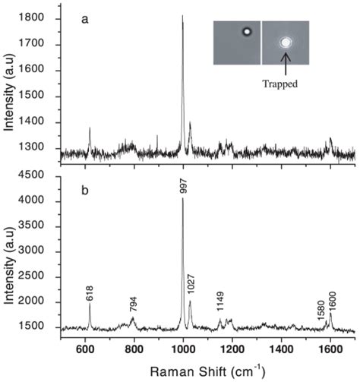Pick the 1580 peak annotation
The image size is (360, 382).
pyautogui.click(x=321, y=308)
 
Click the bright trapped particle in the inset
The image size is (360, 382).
pyautogui.click(x=286, y=43)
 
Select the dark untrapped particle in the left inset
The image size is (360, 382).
pyautogui.click(x=246, y=33)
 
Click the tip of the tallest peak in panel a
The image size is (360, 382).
pyautogui.click(x=182, y=15)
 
